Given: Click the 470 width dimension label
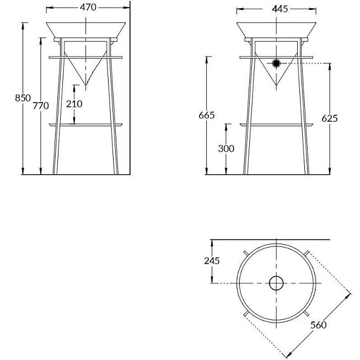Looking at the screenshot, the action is [88, 7].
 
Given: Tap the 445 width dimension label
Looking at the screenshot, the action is [280, 9].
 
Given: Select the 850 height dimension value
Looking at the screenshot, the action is [23, 98].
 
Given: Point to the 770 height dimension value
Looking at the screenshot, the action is [41, 106].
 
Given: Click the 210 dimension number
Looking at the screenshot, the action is [74, 104].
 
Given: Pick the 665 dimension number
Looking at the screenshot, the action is [207, 115].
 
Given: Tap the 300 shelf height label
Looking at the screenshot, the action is [226, 148].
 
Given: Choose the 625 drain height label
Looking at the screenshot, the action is [330, 118].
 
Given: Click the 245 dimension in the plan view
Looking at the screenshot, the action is [212, 261].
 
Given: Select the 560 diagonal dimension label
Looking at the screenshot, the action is [319, 325].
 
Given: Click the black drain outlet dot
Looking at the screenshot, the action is [276, 63].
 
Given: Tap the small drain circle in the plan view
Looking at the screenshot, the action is [276, 283].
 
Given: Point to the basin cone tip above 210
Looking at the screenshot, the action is [86, 85].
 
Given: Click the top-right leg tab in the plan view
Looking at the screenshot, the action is [307, 253].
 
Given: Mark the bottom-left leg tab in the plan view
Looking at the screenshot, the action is [246, 314].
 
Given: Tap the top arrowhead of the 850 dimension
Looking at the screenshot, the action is [23, 26].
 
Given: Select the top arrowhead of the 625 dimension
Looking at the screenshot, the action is [330, 67].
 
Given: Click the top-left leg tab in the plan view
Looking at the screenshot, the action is [246, 253].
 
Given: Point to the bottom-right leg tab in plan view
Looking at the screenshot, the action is [307, 314].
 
